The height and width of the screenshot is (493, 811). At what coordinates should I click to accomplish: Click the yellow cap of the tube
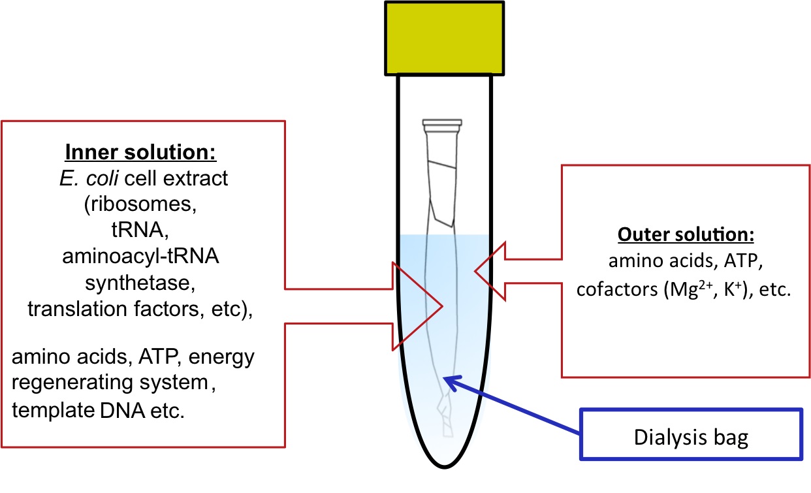pos(444,37)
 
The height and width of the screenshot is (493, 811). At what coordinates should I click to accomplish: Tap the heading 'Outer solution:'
pos(686,234)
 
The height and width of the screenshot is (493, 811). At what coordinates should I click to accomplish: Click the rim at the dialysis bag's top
pos(442,122)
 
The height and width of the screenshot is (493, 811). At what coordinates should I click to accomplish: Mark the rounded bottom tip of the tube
pos(444,466)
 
